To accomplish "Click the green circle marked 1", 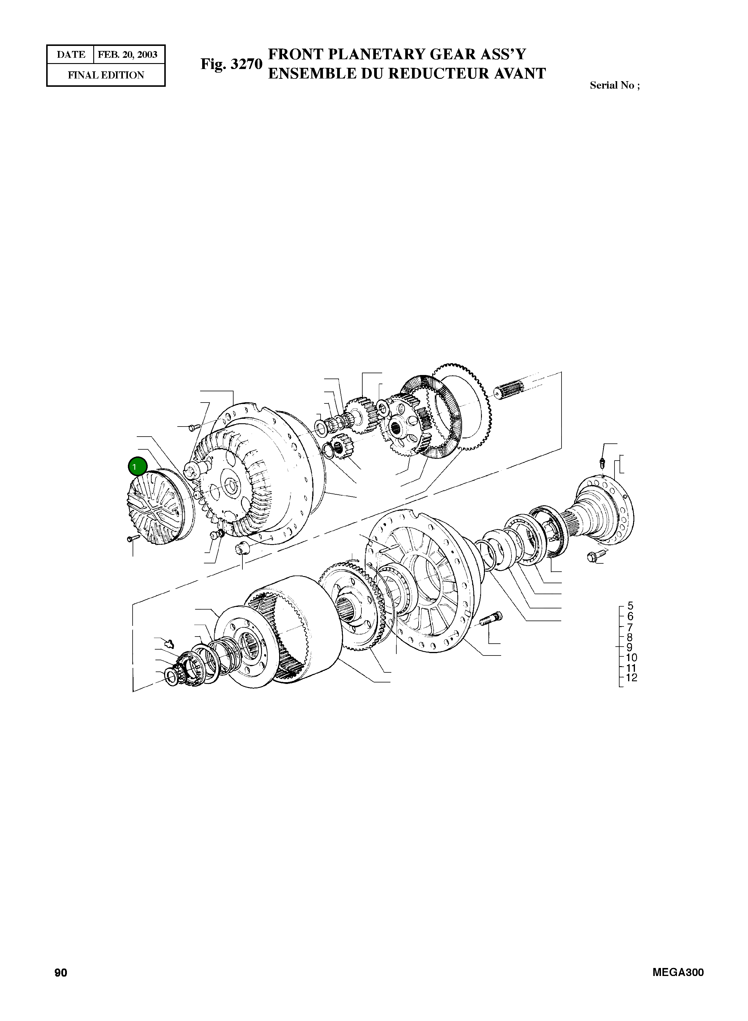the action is pos(137,467).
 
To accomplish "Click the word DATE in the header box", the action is pos(71,55).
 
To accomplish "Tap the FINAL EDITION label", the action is pos(106,75).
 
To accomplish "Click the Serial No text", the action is pos(615,86).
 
